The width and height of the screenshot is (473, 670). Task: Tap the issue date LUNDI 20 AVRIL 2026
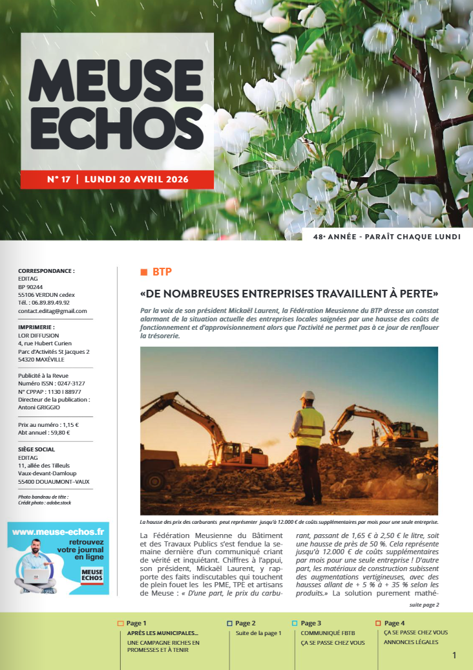click(x=136, y=179)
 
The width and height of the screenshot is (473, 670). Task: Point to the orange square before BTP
click(x=143, y=271)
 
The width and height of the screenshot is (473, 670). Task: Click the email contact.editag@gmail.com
click(x=52, y=311)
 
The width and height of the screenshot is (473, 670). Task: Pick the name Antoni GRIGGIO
click(x=39, y=408)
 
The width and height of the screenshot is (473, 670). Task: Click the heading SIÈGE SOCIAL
click(x=36, y=449)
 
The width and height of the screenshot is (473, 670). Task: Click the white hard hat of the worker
click(x=309, y=396)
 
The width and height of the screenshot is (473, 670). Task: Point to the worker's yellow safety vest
click(x=311, y=427)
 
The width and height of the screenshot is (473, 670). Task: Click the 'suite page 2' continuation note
click(x=424, y=605)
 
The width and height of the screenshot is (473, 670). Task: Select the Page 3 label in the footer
click(x=311, y=623)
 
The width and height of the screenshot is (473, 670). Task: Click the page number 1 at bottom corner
click(x=454, y=656)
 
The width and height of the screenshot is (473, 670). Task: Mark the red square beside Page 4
click(x=378, y=623)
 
